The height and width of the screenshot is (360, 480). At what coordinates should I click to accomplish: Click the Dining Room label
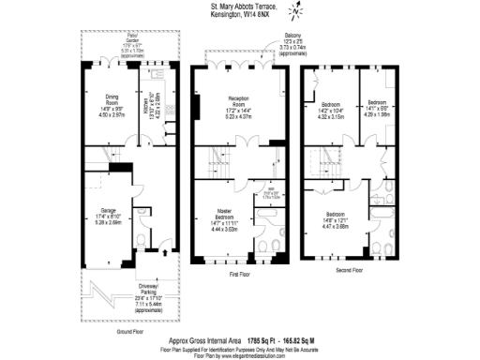pos(97,108)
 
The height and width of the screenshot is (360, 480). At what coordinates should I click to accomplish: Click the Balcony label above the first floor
pos(292,36)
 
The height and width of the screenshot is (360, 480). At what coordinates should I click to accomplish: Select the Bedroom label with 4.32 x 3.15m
pos(330,103)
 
